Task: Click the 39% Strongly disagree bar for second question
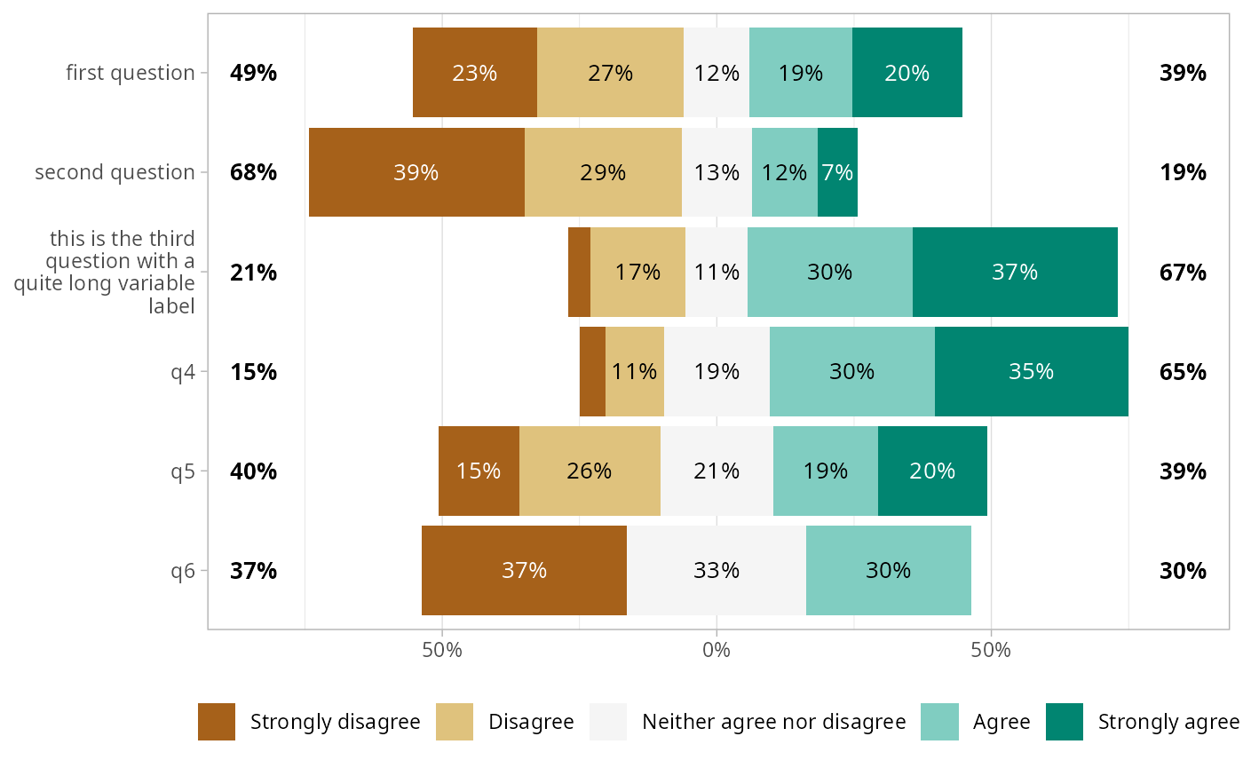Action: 416,172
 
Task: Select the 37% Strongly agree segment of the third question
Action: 1015,272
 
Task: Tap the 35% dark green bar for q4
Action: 1031,371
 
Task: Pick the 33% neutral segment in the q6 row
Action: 717,570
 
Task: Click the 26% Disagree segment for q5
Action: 590,471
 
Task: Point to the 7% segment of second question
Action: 837,172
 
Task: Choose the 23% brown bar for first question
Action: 475,73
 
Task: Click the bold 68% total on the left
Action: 253,172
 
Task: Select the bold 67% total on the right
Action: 1183,272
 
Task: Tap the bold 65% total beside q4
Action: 1183,371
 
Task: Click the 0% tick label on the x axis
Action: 717,650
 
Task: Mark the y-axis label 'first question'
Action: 131,73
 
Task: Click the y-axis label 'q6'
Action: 183,570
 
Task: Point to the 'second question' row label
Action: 115,172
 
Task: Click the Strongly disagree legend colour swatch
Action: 217,721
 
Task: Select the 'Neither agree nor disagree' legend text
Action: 773,721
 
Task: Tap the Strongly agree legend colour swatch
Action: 1065,721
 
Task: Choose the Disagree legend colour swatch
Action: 455,721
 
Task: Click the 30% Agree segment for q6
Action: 888,570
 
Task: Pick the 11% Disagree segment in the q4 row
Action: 635,371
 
